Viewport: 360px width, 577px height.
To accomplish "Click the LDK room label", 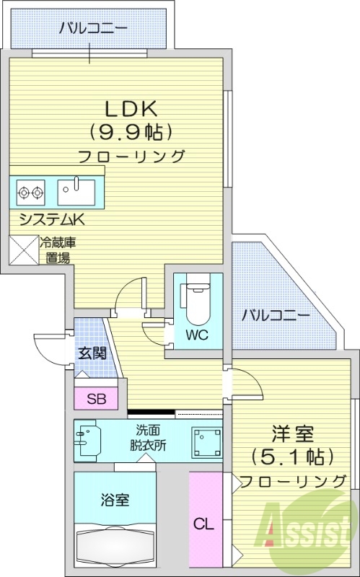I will [x=131, y=109].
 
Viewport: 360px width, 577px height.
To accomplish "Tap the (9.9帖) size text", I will [x=131, y=132].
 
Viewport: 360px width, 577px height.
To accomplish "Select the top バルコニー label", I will [x=93, y=28].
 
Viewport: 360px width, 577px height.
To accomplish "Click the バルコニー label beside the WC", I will [x=276, y=315].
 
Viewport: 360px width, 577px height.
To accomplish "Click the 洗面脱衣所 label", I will [x=147, y=439].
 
